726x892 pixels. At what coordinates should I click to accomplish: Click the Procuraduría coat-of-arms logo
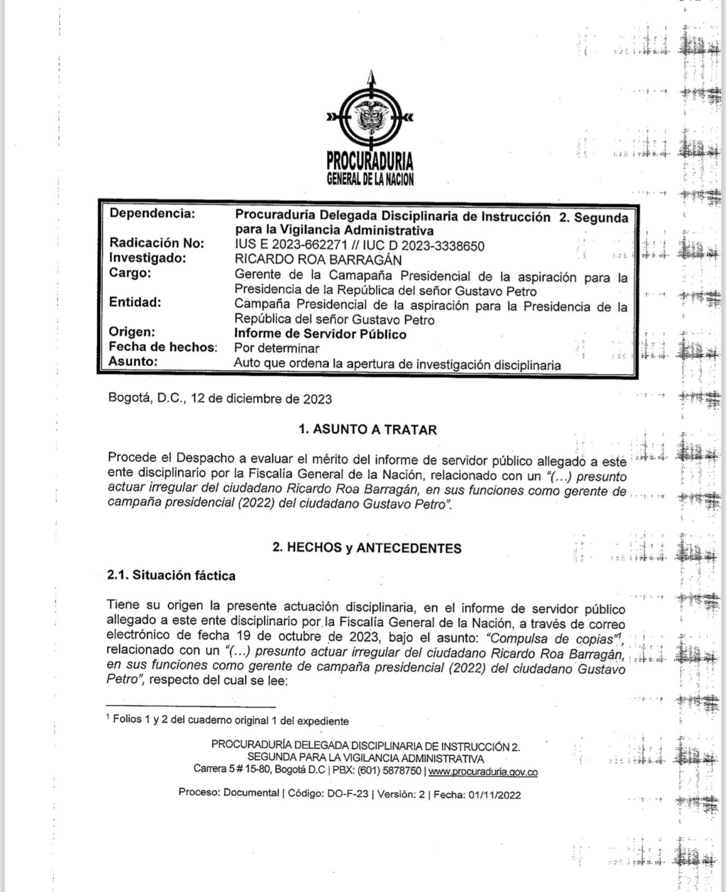[369, 116]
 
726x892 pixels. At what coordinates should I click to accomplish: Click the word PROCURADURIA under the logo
[370, 162]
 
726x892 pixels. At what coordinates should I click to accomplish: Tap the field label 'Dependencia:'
[152, 214]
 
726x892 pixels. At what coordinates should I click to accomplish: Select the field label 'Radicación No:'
[157, 243]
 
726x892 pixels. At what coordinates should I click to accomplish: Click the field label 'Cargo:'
[130, 273]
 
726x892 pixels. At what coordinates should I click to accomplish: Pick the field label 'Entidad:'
[135, 302]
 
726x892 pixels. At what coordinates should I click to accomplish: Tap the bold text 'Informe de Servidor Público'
[320, 334]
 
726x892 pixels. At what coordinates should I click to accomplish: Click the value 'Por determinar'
[276, 348]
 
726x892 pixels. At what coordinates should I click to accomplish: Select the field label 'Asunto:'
[132, 361]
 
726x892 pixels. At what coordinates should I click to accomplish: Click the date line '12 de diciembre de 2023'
[261, 399]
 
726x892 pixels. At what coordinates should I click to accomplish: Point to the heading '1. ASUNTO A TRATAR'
[368, 430]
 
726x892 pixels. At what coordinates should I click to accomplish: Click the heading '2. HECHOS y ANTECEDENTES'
[367, 548]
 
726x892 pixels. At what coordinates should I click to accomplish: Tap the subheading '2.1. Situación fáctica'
[171, 576]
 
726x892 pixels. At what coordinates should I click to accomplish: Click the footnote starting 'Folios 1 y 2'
[231, 721]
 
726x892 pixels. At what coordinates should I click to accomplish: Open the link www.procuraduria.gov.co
[483, 772]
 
